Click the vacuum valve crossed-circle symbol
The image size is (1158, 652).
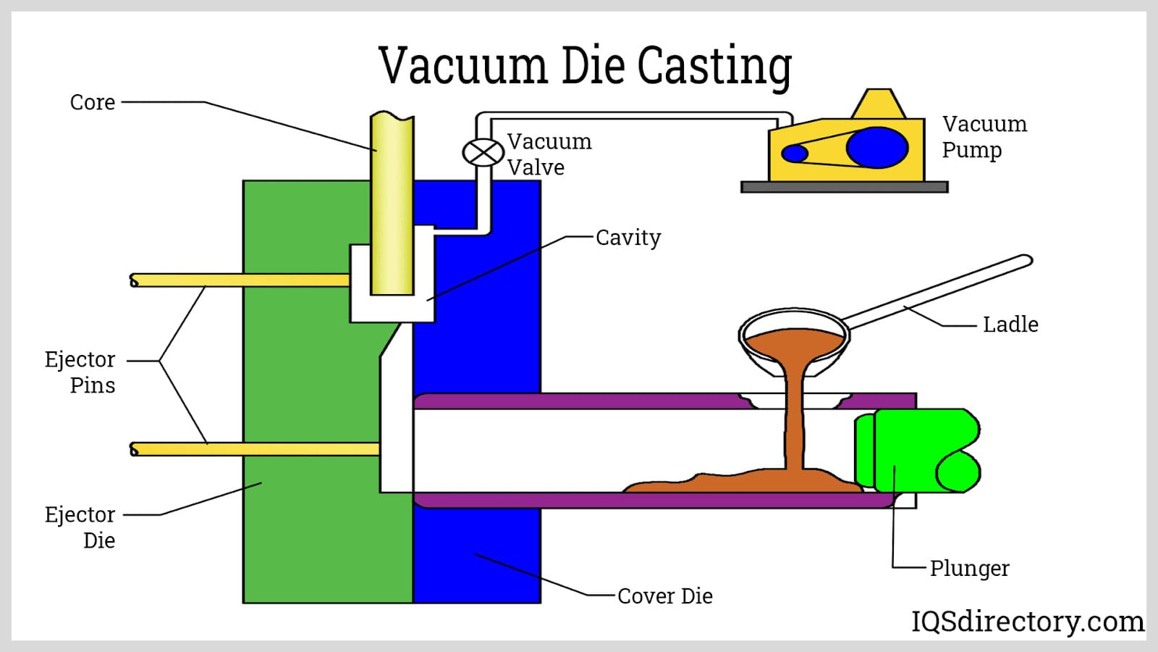(483, 153)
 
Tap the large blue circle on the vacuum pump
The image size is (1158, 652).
(876, 147)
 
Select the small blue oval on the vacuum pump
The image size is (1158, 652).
(795, 154)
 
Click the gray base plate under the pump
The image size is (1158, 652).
(844, 187)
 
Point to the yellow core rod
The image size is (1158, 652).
(392, 203)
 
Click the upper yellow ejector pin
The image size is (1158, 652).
(239, 280)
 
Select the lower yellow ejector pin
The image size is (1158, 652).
(253, 449)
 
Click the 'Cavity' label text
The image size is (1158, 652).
(627, 238)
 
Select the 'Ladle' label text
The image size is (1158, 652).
(1010, 325)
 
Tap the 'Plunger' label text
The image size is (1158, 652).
(969, 569)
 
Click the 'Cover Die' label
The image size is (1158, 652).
(664, 596)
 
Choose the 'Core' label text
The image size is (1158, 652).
(92, 102)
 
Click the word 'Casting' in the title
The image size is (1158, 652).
(714, 67)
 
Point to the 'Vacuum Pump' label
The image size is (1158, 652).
(983, 137)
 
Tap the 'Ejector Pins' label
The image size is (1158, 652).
(80, 372)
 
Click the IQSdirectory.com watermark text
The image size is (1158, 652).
(1027, 622)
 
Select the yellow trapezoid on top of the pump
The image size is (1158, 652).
(878, 104)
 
